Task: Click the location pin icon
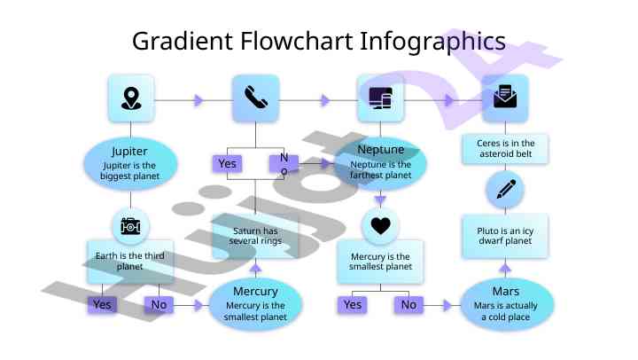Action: coord(131,98)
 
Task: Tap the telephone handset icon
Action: coord(256,98)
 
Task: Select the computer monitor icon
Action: coord(380,98)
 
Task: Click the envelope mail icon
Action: coord(504,98)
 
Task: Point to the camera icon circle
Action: coord(131,226)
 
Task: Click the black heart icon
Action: coord(380,226)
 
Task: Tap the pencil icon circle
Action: coord(505,189)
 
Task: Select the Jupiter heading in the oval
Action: coord(130,151)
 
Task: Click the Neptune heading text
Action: coord(380,149)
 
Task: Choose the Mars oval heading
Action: coord(505,291)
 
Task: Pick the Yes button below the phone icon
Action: coord(228,164)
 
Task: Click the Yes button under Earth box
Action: coord(103,305)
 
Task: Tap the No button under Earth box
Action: coord(159,305)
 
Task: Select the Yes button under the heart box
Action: coord(353,305)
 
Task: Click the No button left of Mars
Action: coord(408,305)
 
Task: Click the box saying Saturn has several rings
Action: coord(254,236)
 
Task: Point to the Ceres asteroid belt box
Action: coord(505,148)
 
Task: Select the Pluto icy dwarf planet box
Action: coord(505,235)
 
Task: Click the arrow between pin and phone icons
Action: coord(198,100)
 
